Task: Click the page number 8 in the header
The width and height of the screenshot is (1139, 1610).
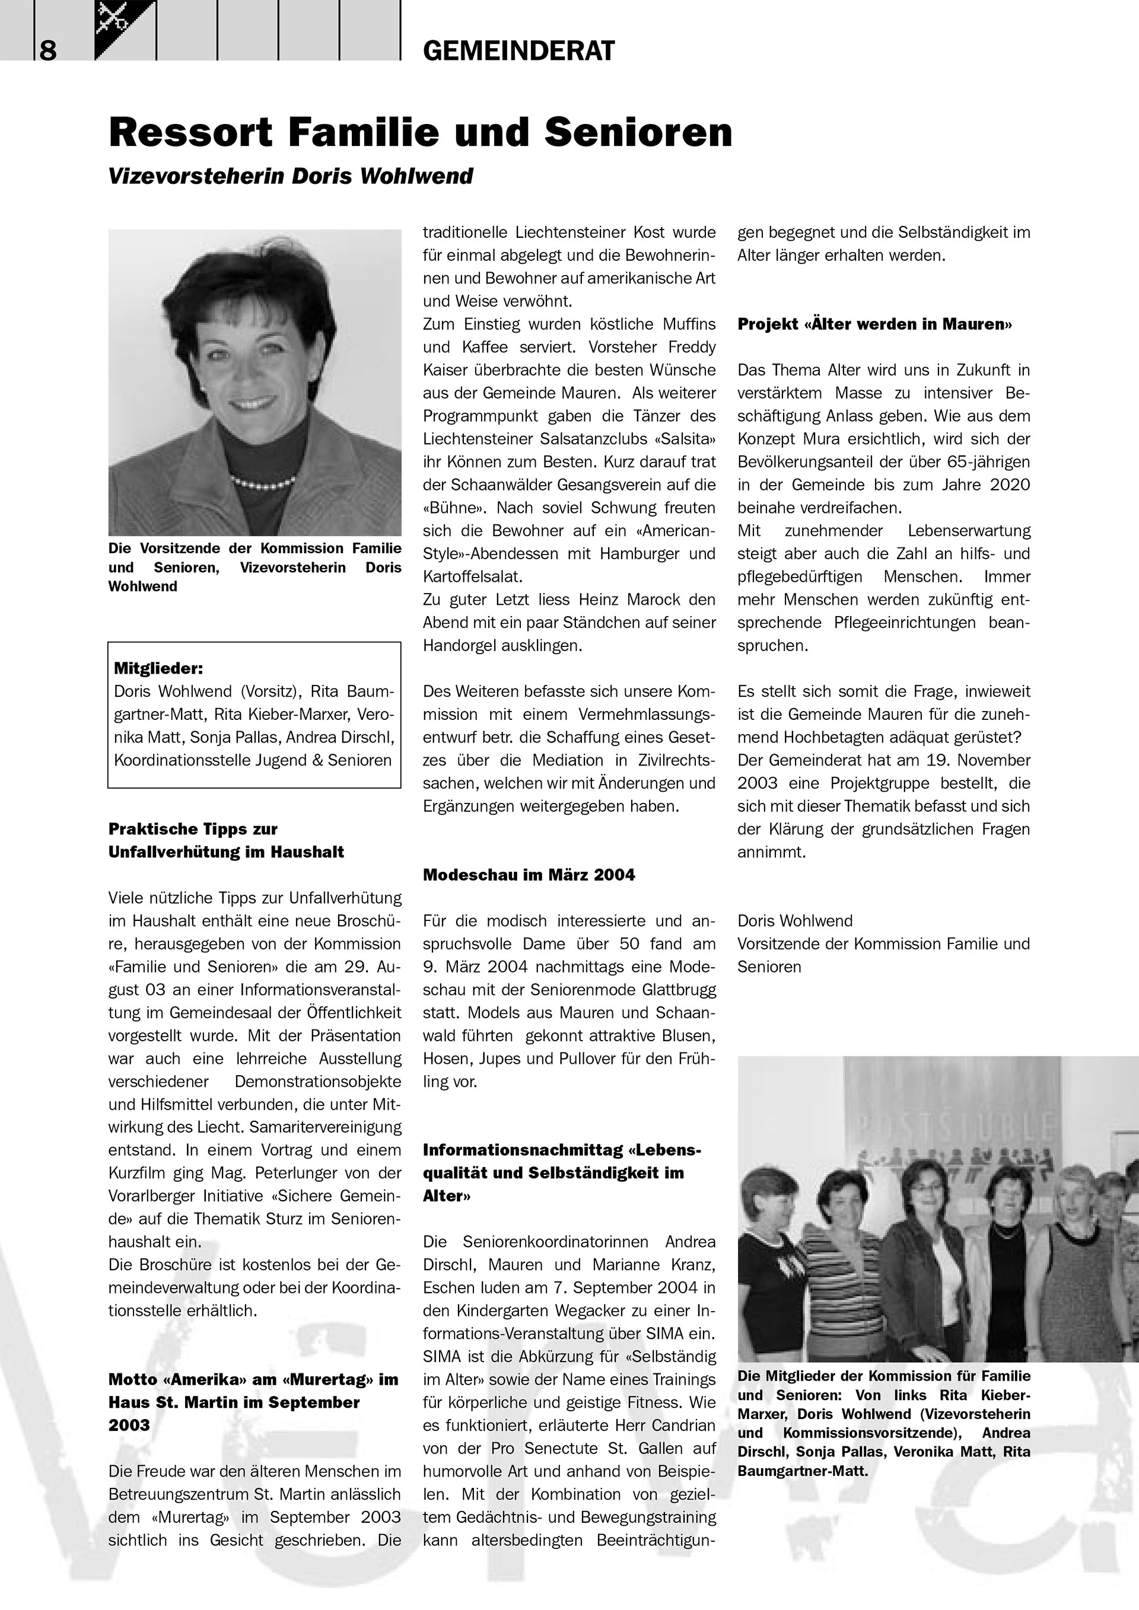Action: coord(47,50)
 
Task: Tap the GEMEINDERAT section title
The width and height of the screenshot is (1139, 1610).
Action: coord(518,50)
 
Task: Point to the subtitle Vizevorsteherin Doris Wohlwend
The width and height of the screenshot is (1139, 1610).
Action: coord(290,176)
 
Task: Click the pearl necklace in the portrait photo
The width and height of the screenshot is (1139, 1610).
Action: coord(263,482)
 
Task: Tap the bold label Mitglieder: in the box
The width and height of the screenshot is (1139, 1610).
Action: coord(158,668)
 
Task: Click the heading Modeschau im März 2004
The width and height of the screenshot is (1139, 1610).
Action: coord(529,875)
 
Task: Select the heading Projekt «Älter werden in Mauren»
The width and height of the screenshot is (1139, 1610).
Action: coord(874,324)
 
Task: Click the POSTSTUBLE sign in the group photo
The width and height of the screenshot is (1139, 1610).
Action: coord(954,1127)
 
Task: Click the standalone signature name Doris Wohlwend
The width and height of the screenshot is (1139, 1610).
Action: coord(795,921)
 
